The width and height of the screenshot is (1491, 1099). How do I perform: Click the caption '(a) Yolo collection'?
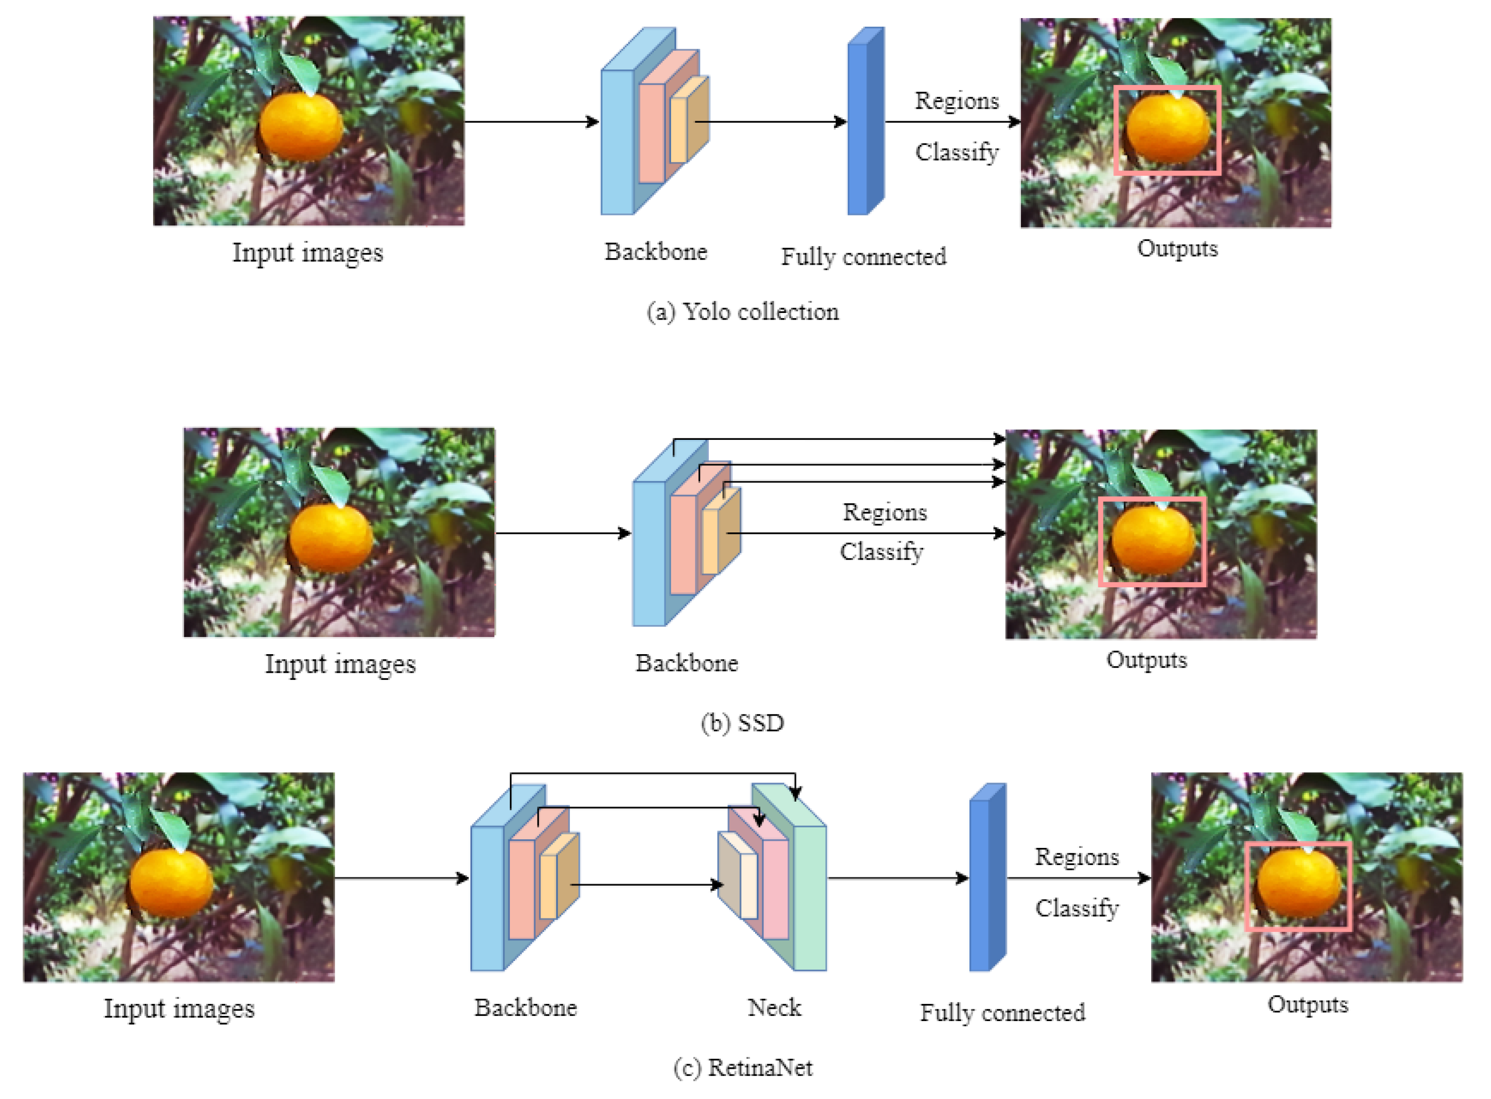tap(742, 312)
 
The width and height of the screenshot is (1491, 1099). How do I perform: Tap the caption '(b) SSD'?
tap(742, 723)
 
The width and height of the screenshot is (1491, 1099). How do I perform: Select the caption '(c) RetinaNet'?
tap(742, 1068)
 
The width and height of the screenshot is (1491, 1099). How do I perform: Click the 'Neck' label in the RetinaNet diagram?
tap(774, 1008)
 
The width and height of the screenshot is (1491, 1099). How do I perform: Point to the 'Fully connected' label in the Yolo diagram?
tap(863, 257)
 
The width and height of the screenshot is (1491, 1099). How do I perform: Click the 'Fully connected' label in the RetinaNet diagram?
tap(1002, 1012)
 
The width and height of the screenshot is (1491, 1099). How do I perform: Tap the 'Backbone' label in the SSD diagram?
tap(686, 663)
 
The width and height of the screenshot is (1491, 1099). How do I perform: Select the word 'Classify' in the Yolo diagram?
tap(956, 152)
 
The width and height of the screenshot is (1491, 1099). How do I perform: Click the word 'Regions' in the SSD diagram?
tap(884, 512)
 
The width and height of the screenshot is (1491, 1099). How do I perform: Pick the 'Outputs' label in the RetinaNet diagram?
tap(1307, 1004)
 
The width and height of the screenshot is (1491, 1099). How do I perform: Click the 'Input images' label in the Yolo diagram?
tap(308, 253)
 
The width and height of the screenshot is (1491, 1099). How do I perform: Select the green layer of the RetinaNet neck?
tap(810, 898)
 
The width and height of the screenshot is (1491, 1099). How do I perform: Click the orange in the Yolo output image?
tap(1168, 128)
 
